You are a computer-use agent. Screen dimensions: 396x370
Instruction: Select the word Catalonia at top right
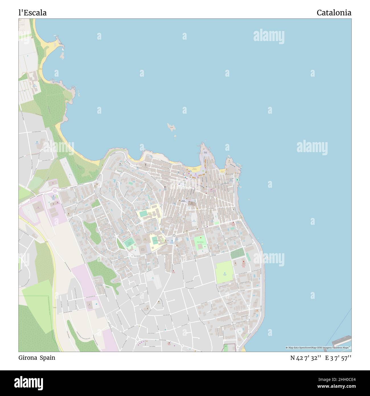pyautogui.click(x=334, y=13)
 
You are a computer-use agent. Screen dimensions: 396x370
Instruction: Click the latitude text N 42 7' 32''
pyautogui.click(x=306, y=358)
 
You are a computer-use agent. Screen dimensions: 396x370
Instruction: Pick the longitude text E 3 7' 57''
pyautogui.click(x=338, y=358)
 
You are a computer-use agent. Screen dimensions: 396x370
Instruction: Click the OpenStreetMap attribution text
pyautogui.click(x=318, y=348)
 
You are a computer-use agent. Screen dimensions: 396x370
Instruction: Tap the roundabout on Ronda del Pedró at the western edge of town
pyautogui.click(x=55, y=191)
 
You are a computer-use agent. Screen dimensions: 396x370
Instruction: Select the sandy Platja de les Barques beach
pyautogui.click(x=194, y=170)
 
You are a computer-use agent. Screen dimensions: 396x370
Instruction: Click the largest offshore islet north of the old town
pyautogui.click(x=171, y=127)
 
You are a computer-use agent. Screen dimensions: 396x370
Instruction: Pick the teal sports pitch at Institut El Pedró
pyautogui.click(x=143, y=213)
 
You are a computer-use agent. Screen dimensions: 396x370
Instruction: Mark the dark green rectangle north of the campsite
pyautogui.click(x=237, y=254)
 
